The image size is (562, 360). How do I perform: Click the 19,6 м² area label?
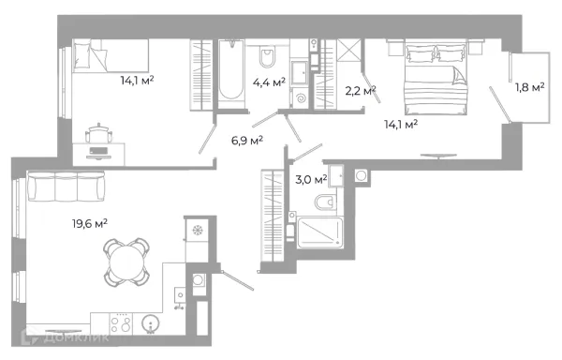tap(90, 224)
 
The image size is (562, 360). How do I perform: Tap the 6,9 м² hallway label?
tap(247, 141)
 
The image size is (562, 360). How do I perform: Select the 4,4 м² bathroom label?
tap(269, 82)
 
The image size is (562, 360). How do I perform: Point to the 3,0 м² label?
tap(311, 179)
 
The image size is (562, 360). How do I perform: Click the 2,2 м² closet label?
tap(361, 91)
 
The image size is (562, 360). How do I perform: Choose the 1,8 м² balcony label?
tap(530, 87)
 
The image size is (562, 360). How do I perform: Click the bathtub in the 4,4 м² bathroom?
tap(231, 73)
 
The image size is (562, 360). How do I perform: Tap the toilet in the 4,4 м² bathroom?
tap(267, 56)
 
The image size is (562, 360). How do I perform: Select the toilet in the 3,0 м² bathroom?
tap(325, 202)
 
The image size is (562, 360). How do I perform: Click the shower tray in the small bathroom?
tap(320, 232)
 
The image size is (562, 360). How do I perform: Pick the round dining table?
tap(126, 262)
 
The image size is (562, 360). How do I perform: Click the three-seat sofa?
tap(66, 187)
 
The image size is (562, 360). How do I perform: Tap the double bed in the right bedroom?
tap(436, 77)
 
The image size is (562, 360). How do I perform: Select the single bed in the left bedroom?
tap(111, 56)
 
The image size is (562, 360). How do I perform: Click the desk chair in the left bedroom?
tap(98, 133)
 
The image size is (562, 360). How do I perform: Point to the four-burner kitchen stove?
tap(121, 324)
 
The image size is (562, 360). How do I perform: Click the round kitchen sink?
tap(151, 323)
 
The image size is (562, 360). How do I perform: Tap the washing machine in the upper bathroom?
tap(300, 97)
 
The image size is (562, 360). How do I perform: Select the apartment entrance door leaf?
tap(238, 280)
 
